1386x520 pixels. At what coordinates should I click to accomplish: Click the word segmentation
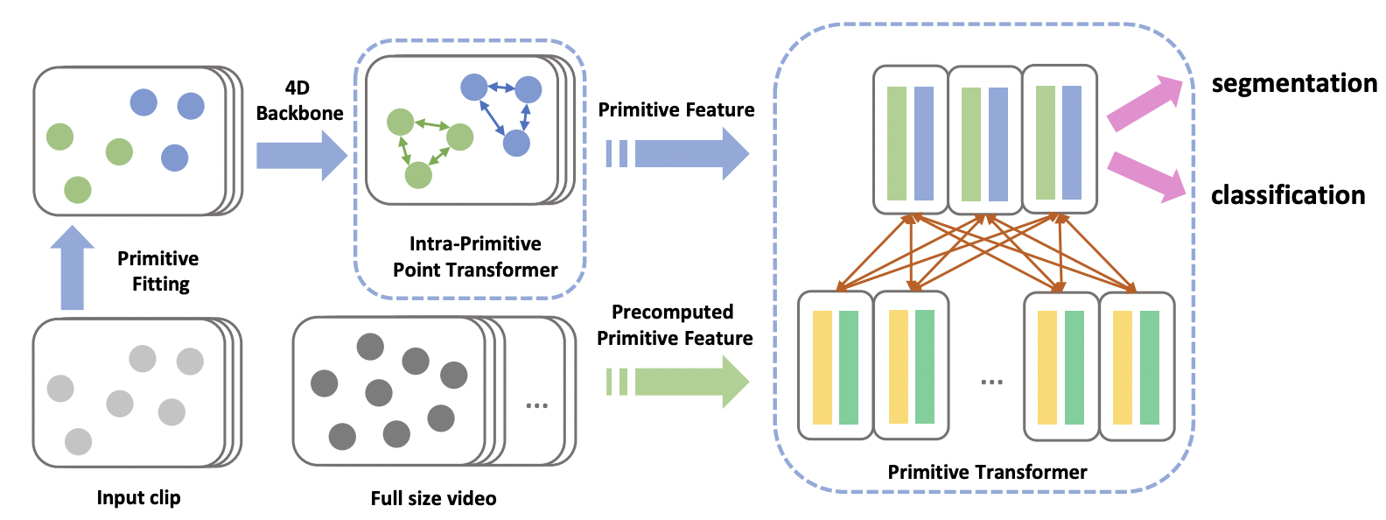point(1293,84)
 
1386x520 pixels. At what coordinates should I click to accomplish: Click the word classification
point(1287,195)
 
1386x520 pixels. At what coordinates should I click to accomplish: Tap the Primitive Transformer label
point(987,473)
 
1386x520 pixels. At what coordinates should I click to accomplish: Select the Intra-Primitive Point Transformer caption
point(475,256)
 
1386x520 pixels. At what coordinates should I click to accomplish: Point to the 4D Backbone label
point(299,101)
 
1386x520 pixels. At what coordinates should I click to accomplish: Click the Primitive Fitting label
point(158,271)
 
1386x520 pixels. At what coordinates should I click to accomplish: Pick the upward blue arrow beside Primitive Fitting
point(72,268)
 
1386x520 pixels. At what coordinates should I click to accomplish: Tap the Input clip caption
point(138,498)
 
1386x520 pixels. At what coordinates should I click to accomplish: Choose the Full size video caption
point(433,499)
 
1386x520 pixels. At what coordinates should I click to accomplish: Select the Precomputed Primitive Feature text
point(674,325)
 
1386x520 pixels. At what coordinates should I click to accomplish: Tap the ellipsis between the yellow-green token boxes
point(991,383)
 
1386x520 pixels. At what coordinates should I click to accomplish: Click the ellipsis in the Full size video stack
point(536,405)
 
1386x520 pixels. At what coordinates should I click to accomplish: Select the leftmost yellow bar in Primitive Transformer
point(822,368)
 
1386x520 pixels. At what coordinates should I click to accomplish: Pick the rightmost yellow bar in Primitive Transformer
point(1123,368)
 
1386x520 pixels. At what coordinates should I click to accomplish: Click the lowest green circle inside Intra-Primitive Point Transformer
point(418,175)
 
